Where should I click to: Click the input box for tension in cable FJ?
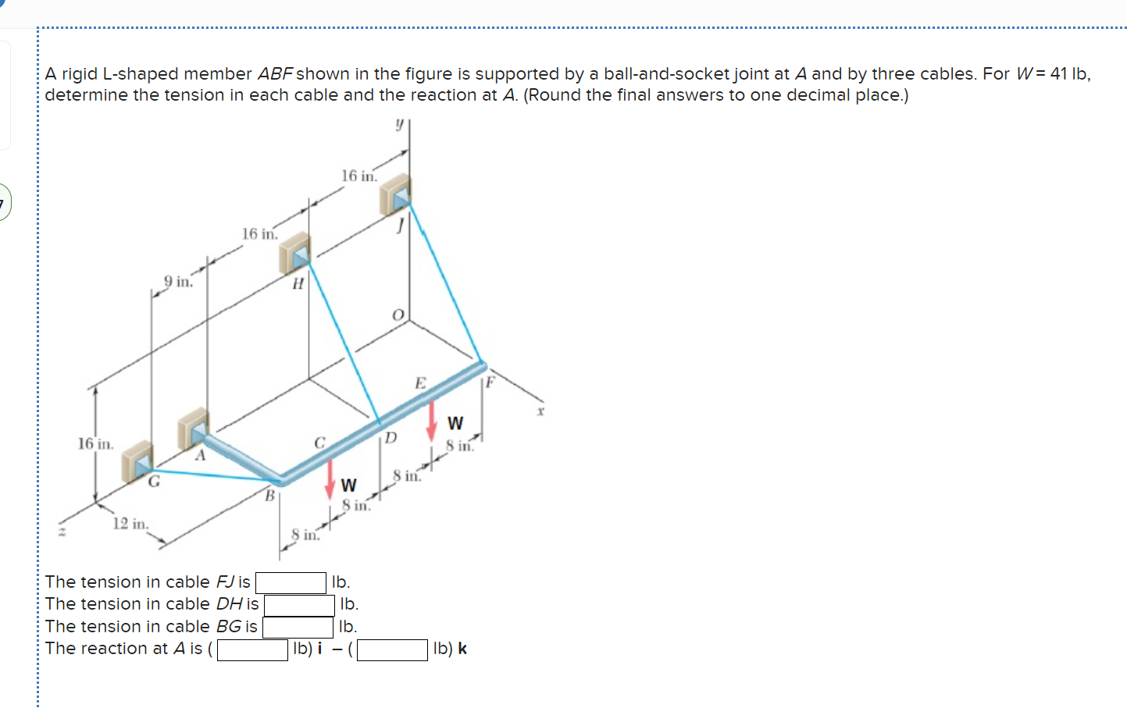pos(291,582)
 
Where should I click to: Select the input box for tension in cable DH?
pos(299,605)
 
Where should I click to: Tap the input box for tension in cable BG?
pos(298,627)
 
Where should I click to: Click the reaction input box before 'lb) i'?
pos(252,649)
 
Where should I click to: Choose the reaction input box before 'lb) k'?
pos(392,649)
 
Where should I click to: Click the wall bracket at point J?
pos(395,194)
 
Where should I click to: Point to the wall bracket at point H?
pos(295,252)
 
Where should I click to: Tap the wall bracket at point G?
pos(137,461)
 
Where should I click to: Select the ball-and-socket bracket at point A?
pos(193,428)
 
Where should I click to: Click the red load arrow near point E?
pos(431,421)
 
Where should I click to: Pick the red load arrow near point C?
pos(330,479)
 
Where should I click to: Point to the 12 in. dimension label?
pos(130,524)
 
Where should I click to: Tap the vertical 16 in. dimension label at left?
pos(95,444)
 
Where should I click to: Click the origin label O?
pos(398,315)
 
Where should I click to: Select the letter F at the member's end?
pos(490,382)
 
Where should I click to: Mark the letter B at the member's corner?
pos(269,495)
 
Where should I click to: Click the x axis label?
pos(540,410)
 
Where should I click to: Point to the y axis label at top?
pos(398,124)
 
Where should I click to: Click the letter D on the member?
pos(391,437)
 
